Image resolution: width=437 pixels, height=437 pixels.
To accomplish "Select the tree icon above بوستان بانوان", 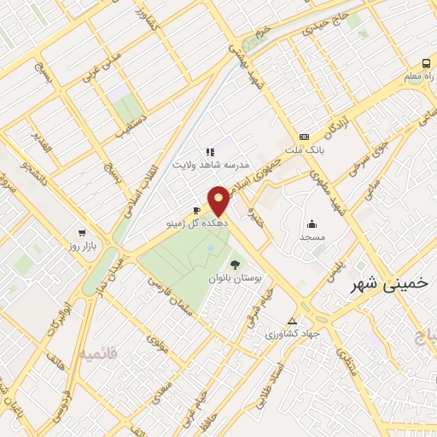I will coord(235,265).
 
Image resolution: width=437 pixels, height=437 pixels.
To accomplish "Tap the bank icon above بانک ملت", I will coord(304,137).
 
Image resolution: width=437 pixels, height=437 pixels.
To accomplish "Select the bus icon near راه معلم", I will coord(426,62).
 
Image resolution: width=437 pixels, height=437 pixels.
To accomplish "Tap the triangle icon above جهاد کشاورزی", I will coord(293,321).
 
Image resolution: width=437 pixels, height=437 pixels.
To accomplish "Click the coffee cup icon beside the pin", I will coord(196,209).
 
